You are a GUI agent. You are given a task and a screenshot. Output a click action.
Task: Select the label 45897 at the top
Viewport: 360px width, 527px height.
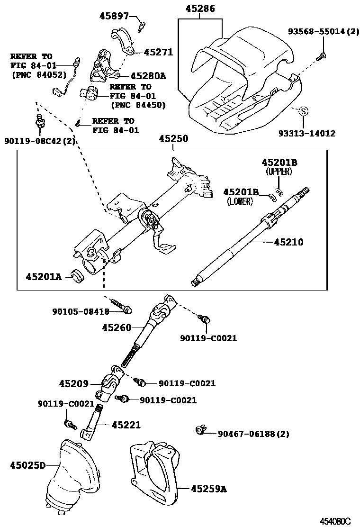pyautogui.click(x=114, y=16)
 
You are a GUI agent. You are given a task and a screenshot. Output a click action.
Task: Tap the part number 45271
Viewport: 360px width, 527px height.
pyautogui.click(x=158, y=53)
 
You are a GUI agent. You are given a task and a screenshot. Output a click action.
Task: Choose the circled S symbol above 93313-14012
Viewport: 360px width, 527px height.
pyautogui.click(x=304, y=111)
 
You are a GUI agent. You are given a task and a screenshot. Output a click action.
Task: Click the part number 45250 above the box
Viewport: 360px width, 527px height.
pyautogui.click(x=173, y=139)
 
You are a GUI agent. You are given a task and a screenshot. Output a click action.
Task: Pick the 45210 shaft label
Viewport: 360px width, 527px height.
pyautogui.click(x=288, y=242)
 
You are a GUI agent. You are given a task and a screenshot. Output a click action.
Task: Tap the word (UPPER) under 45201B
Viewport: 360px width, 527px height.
pyautogui.click(x=279, y=172)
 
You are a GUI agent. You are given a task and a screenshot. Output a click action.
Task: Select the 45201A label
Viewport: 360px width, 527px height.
pyautogui.click(x=44, y=276)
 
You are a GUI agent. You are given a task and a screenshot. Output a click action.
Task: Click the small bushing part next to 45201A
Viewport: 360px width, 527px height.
pyautogui.click(x=77, y=275)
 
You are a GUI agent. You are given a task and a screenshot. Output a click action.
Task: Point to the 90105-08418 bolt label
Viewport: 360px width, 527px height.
pyautogui.click(x=81, y=311)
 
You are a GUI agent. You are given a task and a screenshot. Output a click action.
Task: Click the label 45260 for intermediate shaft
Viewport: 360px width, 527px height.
pyautogui.click(x=117, y=327)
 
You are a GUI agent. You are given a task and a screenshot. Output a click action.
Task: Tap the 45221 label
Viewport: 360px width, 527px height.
pyautogui.click(x=126, y=425)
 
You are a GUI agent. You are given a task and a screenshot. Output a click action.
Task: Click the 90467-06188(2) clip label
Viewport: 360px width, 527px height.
pyautogui.click(x=253, y=434)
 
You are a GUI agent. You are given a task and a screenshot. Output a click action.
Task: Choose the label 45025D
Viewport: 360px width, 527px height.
pyautogui.click(x=27, y=465)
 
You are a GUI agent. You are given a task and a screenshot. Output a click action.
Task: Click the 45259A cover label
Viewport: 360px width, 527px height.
pyautogui.click(x=208, y=488)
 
